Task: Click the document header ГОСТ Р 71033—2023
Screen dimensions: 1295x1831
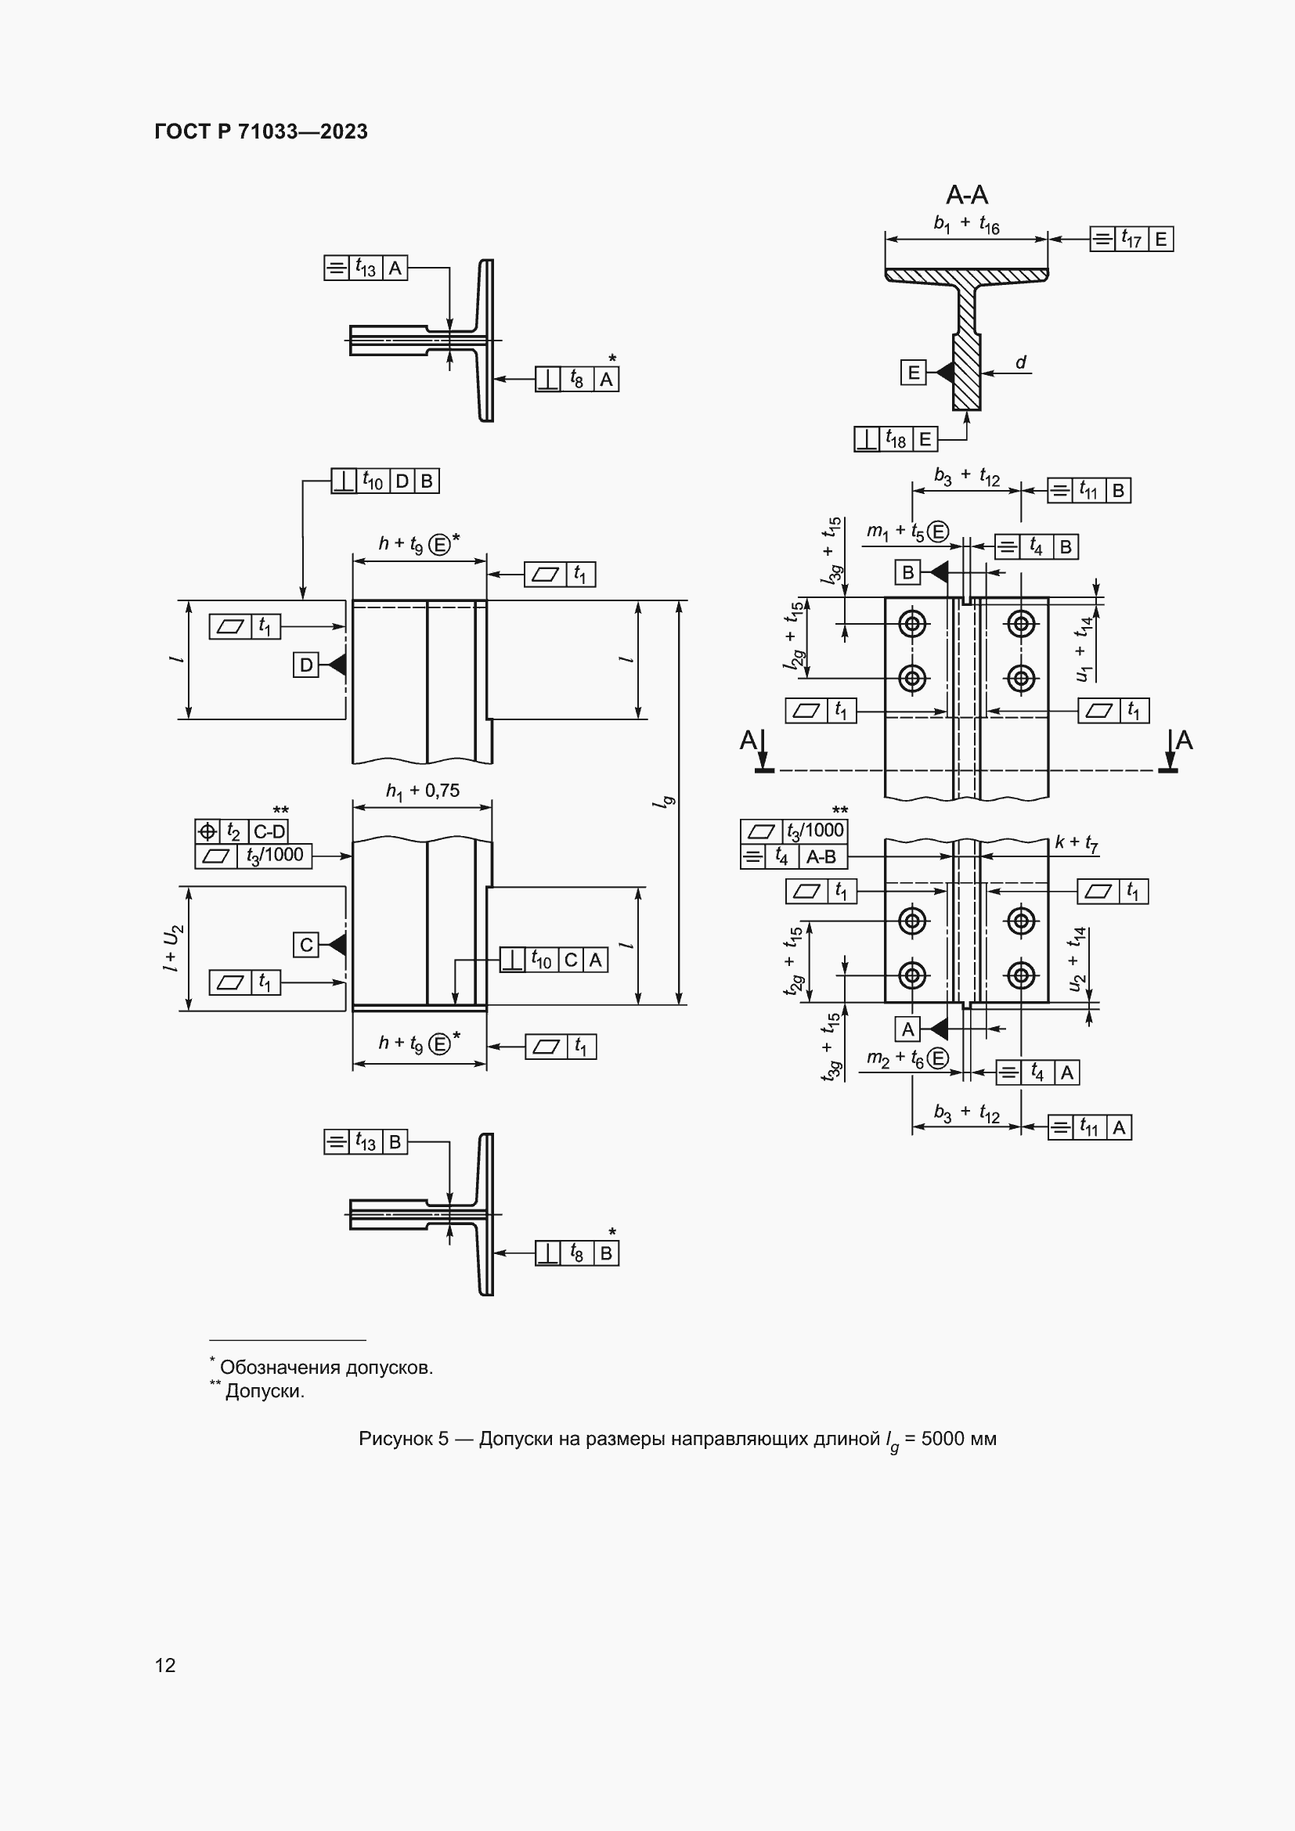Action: point(261,132)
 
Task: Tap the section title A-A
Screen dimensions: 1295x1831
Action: point(966,195)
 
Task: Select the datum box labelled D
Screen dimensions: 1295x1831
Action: point(306,665)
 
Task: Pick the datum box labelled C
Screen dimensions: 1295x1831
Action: point(306,945)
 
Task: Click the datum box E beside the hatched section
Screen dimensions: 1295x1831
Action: point(914,372)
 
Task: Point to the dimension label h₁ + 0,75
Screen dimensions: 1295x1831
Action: point(423,791)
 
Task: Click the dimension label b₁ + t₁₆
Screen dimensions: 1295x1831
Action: point(966,224)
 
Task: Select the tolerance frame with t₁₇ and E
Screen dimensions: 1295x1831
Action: point(1131,239)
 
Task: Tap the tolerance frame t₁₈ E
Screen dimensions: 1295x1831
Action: point(896,438)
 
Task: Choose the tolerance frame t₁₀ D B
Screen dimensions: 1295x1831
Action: point(385,481)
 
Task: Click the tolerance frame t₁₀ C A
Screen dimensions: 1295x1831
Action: point(554,960)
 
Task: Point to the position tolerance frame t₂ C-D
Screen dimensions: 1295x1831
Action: point(242,832)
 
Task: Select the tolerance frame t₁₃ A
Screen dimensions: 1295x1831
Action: point(366,268)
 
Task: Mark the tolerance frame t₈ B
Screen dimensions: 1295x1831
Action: point(577,1253)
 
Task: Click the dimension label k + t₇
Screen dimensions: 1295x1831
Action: point(1077,842)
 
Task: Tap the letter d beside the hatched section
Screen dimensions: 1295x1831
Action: point(1021,363)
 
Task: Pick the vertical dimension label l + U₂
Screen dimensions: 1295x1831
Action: point(173,948)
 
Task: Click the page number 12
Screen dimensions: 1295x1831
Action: point(165,1665)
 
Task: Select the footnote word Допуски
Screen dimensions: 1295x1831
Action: point(265,1392)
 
